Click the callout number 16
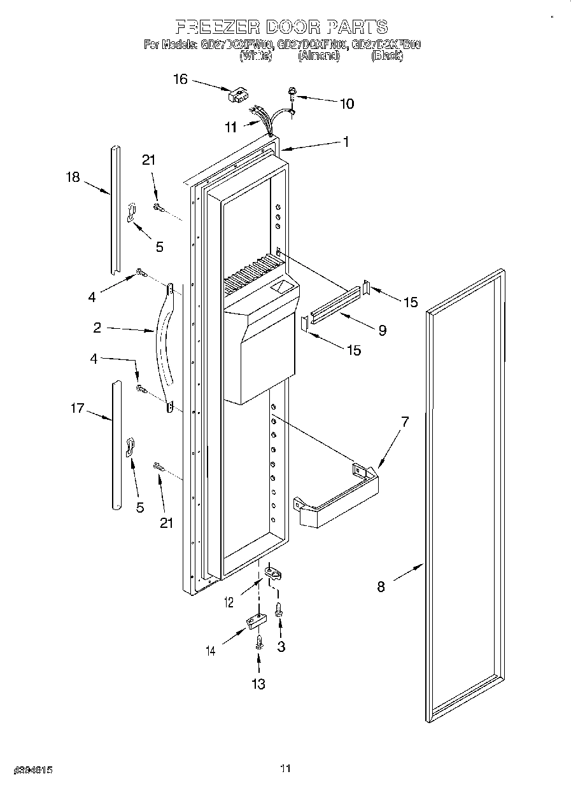180,79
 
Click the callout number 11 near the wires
230,127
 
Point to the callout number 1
346,142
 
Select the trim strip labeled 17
116,445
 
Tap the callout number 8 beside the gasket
381,586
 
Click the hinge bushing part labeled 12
273,573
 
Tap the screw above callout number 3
279,609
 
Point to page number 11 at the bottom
285,769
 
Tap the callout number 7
404,420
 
